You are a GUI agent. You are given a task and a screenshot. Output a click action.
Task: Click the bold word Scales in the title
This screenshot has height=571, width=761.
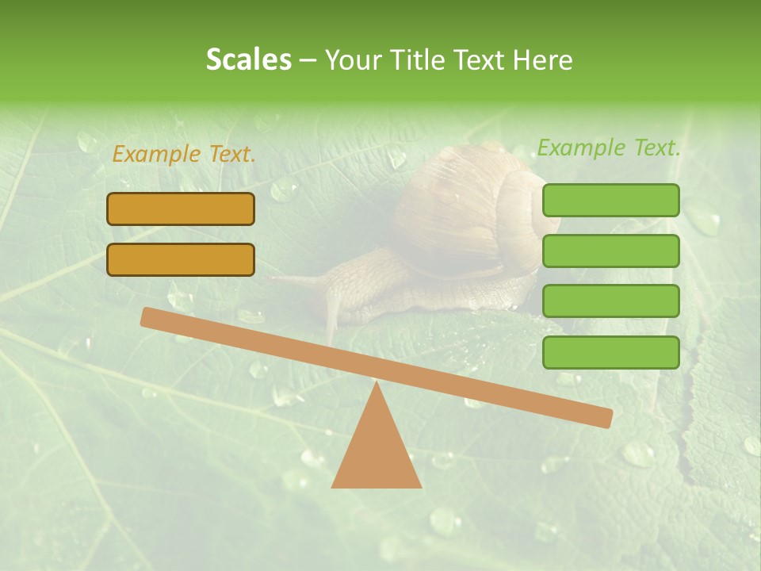248,59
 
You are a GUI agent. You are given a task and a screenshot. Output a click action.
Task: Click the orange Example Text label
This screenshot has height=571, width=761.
184,155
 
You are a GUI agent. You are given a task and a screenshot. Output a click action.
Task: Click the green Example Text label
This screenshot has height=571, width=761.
609,148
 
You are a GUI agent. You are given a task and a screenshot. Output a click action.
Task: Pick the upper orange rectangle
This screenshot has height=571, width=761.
181,209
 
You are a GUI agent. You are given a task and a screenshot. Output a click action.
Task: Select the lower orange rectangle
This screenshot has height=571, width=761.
181,259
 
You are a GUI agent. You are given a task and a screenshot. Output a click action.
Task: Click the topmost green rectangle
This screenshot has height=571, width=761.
610,200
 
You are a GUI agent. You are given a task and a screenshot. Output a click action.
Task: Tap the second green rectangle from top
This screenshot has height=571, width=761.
610,251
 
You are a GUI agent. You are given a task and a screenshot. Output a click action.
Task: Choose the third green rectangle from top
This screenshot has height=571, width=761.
610,301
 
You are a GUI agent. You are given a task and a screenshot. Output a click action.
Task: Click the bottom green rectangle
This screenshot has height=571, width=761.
610,352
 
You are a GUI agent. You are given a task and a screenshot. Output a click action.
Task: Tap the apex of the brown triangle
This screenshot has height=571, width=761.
377,384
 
